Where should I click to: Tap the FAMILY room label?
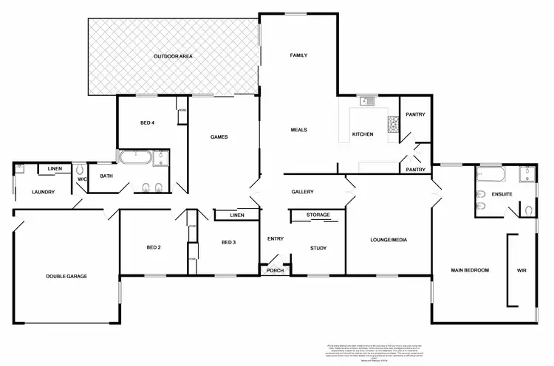click(298, 55)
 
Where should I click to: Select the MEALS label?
click(298, 130)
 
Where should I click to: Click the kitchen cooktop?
click(394, 128)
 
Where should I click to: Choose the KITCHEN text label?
click(362, 134)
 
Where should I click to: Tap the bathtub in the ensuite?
click(490, 175)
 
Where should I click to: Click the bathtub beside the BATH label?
click(135, 158)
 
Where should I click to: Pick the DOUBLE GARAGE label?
click(66, 276)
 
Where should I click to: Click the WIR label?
click(522, 271)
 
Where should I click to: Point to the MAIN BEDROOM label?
click(470, 271)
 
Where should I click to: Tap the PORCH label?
click(274, 271)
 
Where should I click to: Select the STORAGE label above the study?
click(318, 215)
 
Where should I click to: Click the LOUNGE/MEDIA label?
click(389, 240)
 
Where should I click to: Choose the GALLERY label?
click(302, 192)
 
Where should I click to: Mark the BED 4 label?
click(148, 122)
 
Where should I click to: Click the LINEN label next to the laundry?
click(55, 170)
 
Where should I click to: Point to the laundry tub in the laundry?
click(20, 169)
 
